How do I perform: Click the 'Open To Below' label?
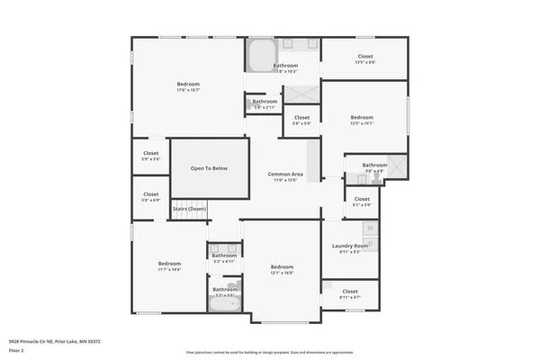point(208,168)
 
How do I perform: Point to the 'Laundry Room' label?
point(349,246)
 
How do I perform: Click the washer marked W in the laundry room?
point(369,229)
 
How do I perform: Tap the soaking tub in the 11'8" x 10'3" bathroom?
point(261,54)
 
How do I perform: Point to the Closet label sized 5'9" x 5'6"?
point(150,154)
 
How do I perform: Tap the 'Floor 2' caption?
point(16,350)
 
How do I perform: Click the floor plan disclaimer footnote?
point(269,352)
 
